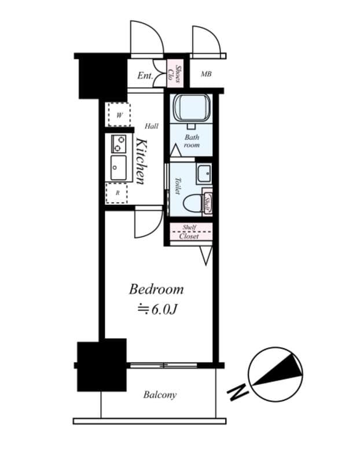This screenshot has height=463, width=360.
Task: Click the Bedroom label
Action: pyautogui.click(x=156, y=289)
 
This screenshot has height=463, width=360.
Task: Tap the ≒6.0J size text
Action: pyautogui.click(x=156, y=309)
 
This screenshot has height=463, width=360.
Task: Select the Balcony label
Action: pyautogui.click(x=160, y=395)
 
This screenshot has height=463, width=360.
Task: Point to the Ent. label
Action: pyautogui.click(x=145, y=76)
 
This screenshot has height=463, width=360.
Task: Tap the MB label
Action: pyautogui.click(x=206, y=74)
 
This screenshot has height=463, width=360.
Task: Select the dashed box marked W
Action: pyautogui.click(x=119, y=115)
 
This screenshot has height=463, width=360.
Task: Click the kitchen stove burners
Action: pyautogui.click(x=119, y=142)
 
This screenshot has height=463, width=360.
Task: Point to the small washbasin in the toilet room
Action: pyautogui.click(x=203, y=173)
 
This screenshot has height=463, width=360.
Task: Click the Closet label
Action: pyautogui.click(x=189, y=236)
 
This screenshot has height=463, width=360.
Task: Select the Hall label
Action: pyautogui.click(x=152, y=126)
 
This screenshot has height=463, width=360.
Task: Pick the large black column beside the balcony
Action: pyautogui.click(x=102, y=365)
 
